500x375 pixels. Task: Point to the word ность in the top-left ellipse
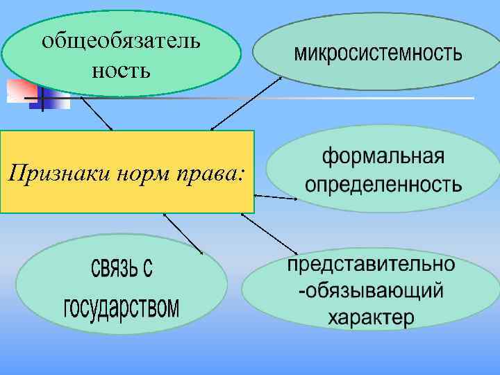tap(121, 69)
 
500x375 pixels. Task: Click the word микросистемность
tap(378, 53)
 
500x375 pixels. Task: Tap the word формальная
tap(383, 156)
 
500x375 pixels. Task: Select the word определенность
tap(383, 185)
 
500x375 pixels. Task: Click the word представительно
tap(372, 265)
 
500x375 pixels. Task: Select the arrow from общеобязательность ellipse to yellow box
tap(97, 113)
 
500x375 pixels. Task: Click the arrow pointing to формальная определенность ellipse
tap(276, 198)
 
